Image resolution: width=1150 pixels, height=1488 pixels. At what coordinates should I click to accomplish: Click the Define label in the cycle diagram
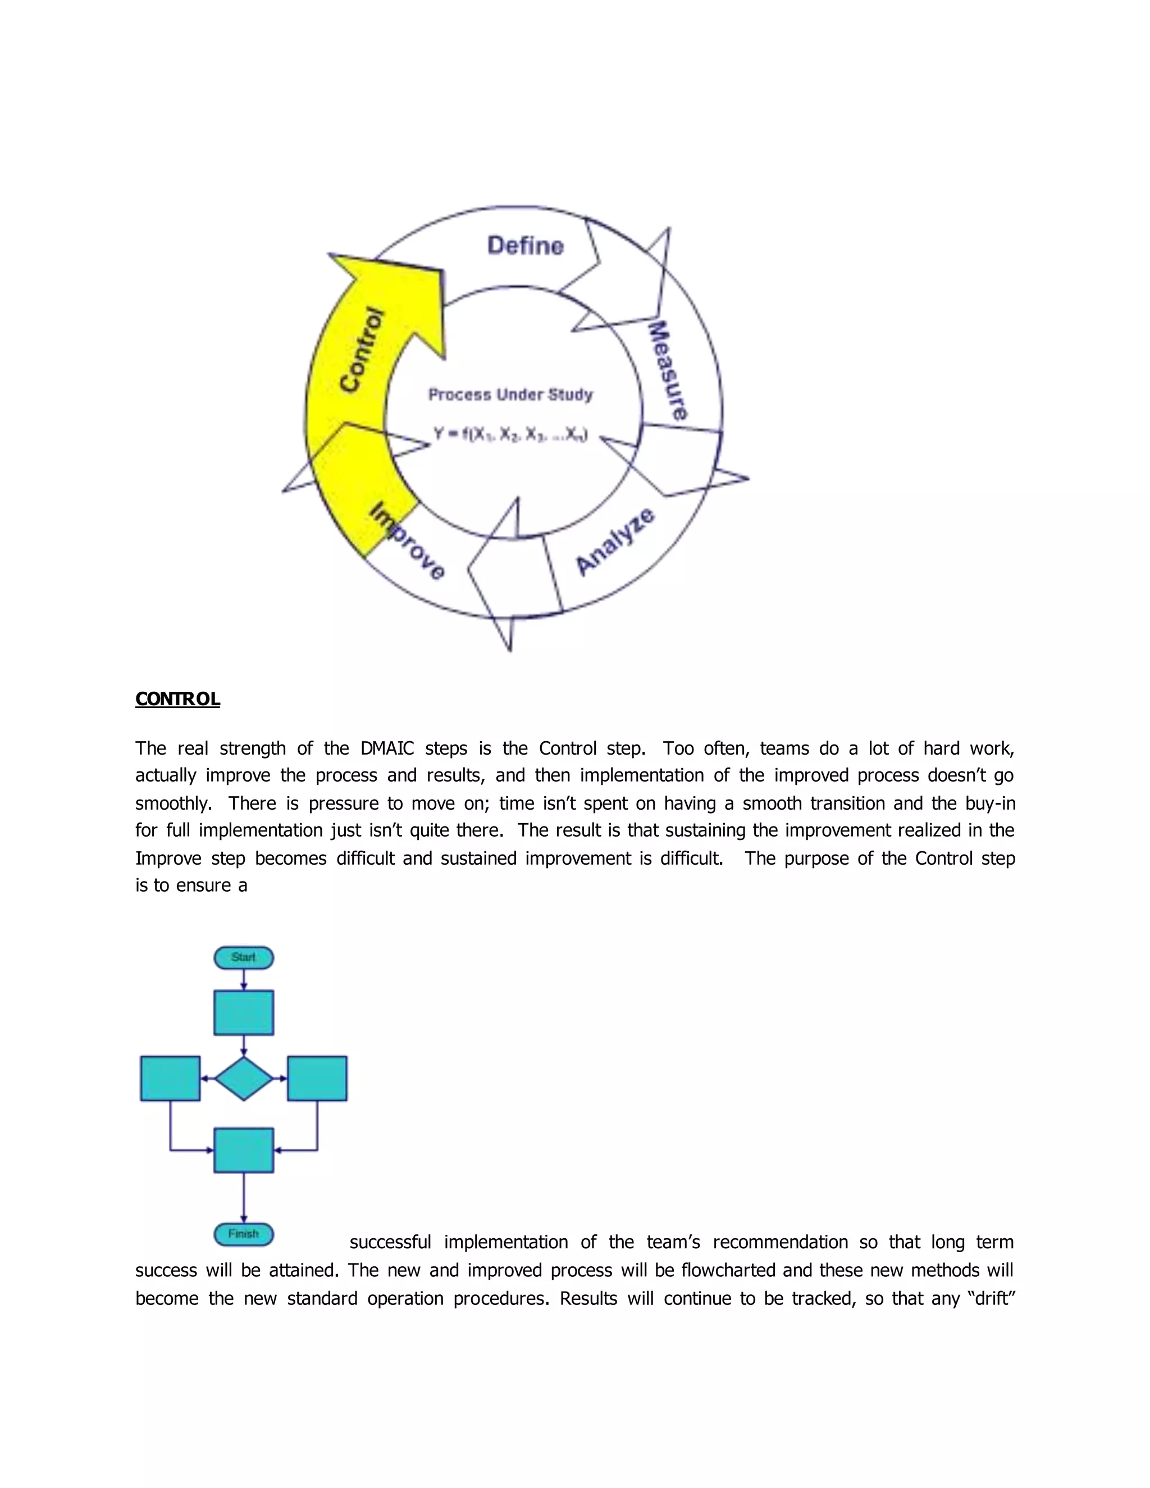click(525, 245)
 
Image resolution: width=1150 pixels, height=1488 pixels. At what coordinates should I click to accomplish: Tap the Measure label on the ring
click(667, 371)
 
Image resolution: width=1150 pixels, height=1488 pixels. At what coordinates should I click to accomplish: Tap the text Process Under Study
click(510, 395)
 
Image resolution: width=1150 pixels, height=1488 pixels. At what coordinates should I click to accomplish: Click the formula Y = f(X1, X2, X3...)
click(510, 434)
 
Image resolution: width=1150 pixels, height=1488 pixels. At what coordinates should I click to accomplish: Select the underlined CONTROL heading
click(177, 699)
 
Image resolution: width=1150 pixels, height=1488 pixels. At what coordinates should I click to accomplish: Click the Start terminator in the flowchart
click(243, 957)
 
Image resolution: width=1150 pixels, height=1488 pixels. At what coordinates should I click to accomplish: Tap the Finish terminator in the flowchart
click(243, 1234)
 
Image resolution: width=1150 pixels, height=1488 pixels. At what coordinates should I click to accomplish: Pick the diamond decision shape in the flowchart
click(243, 1079)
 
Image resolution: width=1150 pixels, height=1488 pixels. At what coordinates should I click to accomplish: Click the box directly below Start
click(243, 1012)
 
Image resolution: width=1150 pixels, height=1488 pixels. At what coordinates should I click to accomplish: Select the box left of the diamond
click(170, 1079)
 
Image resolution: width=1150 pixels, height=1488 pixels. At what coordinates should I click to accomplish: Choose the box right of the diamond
click(317, 1079)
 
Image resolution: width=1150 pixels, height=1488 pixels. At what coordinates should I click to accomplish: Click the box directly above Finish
click(243, 1150)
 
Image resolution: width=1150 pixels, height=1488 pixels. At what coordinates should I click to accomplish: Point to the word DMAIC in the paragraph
click(387, 748)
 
